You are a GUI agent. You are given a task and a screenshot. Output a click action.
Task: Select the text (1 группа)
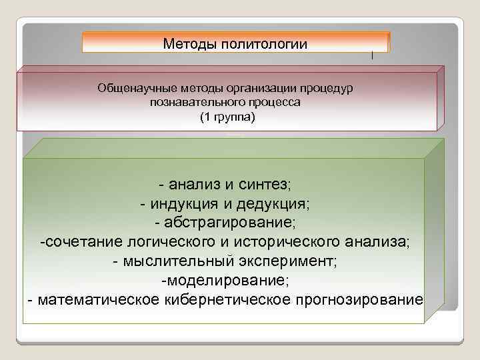pos(227,117)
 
